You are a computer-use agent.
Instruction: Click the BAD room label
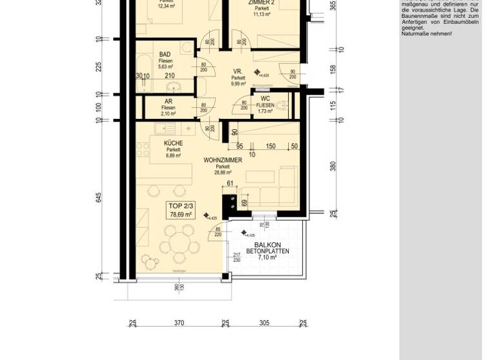coord(165,55)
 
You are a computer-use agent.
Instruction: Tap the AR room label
coord(169,102)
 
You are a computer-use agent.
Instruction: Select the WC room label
coord(265,98)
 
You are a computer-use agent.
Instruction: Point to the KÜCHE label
coord(173,143)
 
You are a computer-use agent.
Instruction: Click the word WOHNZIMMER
coord(223,159)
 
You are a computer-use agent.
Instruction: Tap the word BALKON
coord(267,245)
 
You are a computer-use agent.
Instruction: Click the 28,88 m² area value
coord(223,172)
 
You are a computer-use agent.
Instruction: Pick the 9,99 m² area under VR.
coord(239,84)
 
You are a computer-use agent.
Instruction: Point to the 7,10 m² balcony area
coord(267,257)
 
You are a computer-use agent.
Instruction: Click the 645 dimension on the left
coord(98,197)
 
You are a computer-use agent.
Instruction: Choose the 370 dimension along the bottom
coord(179,323)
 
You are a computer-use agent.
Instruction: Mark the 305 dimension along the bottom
coord(264,323)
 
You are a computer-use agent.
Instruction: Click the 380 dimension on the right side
coord(333,166)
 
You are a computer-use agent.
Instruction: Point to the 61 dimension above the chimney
coord(230,184)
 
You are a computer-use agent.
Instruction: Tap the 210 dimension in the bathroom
coord(169,76)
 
